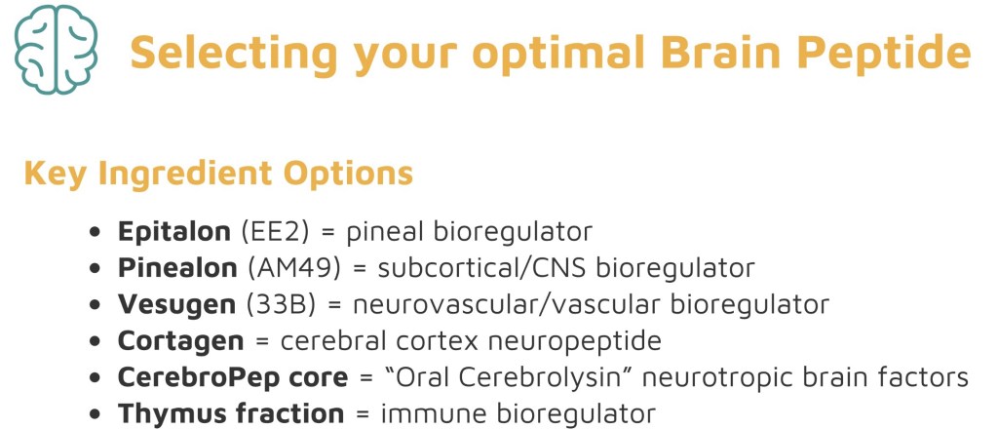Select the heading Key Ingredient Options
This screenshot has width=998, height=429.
(x=218, y=174)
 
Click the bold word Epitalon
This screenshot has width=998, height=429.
(x=173, y=232)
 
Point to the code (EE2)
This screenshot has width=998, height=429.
(x=275, y=232)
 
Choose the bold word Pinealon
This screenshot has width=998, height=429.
(x=177, y=268)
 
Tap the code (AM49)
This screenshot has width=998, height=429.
(x=293, y=268)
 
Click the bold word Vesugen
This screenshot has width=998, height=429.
(x=177, y=305)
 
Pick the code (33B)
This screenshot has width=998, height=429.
(x=281, y=305)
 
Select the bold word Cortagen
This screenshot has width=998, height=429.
(x=180, y=341)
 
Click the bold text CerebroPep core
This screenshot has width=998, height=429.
(x=233, y=377)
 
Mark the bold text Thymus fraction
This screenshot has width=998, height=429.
(x=231, y=413)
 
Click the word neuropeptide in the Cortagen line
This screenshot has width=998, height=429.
(x=575, y=341)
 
